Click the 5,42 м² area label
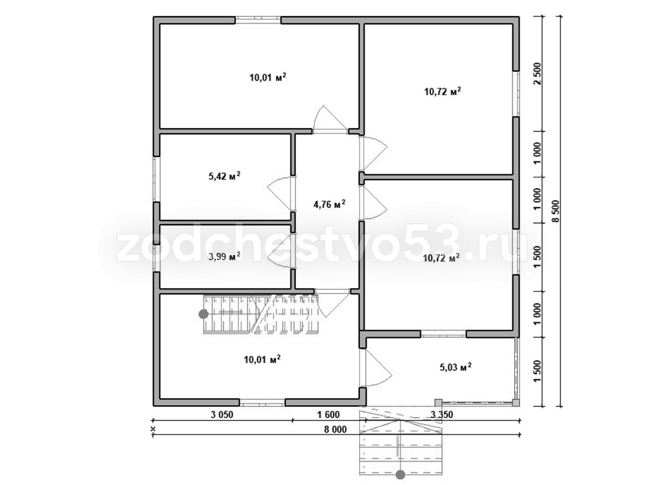[x=224, y=176]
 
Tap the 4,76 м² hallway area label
[x=329, y=204]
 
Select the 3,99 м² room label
[x=224, y=257]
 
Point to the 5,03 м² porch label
[x=455, y=367]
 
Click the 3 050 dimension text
[x=222, y=414]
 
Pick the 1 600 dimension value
[x=328, y=414]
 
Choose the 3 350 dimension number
[x=442, y=414]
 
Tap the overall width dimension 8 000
[x=335, y=429]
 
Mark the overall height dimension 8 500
[x=556, y=211]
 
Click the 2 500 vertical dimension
[x=538, y=74]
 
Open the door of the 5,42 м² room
[x=281, y=193]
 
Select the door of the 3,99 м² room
[x=281, y=251]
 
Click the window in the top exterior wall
[x=257, y=20]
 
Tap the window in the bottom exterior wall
[x=262, y=403]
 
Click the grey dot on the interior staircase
[x=203, y=314]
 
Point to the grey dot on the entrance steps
[x=401, y=474]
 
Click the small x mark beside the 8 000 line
[x=153, y=429]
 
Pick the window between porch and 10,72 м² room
[x=443, y=334]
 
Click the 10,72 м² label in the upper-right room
[x=443, y=92]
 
